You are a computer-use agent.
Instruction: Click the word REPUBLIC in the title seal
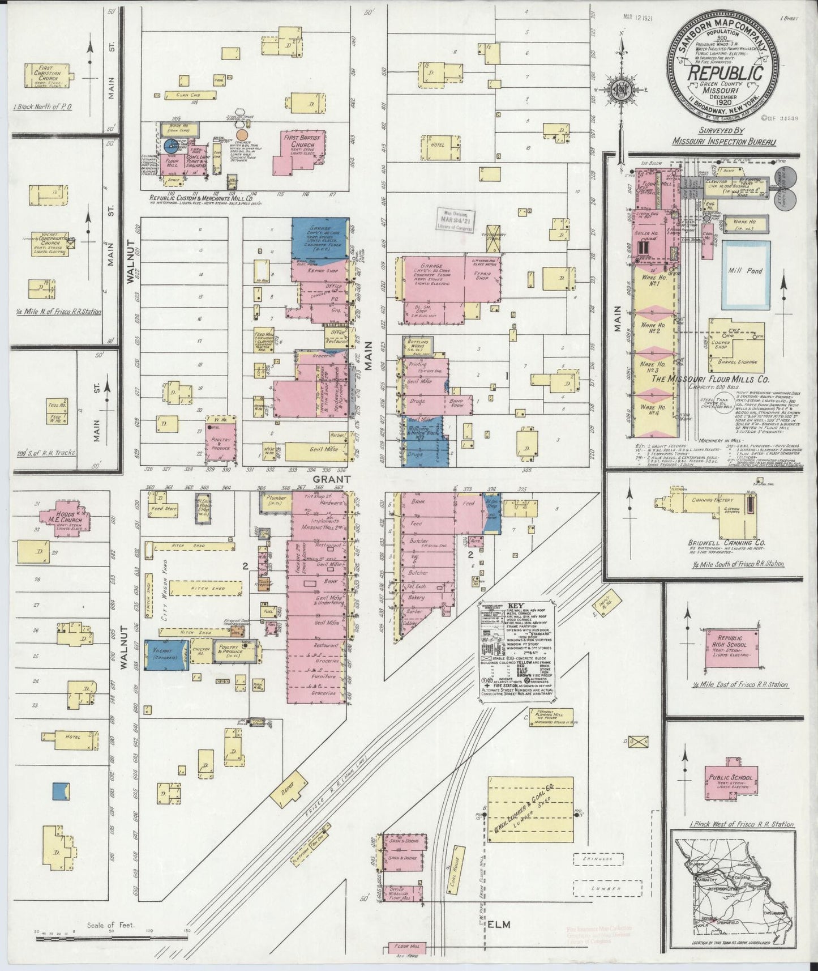click(x=725, y=74)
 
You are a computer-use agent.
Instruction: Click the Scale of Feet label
click(x=110, y=925)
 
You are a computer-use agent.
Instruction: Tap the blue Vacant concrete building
click(x=166, y=655)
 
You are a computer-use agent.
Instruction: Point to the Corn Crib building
click(x=190, y=95)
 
